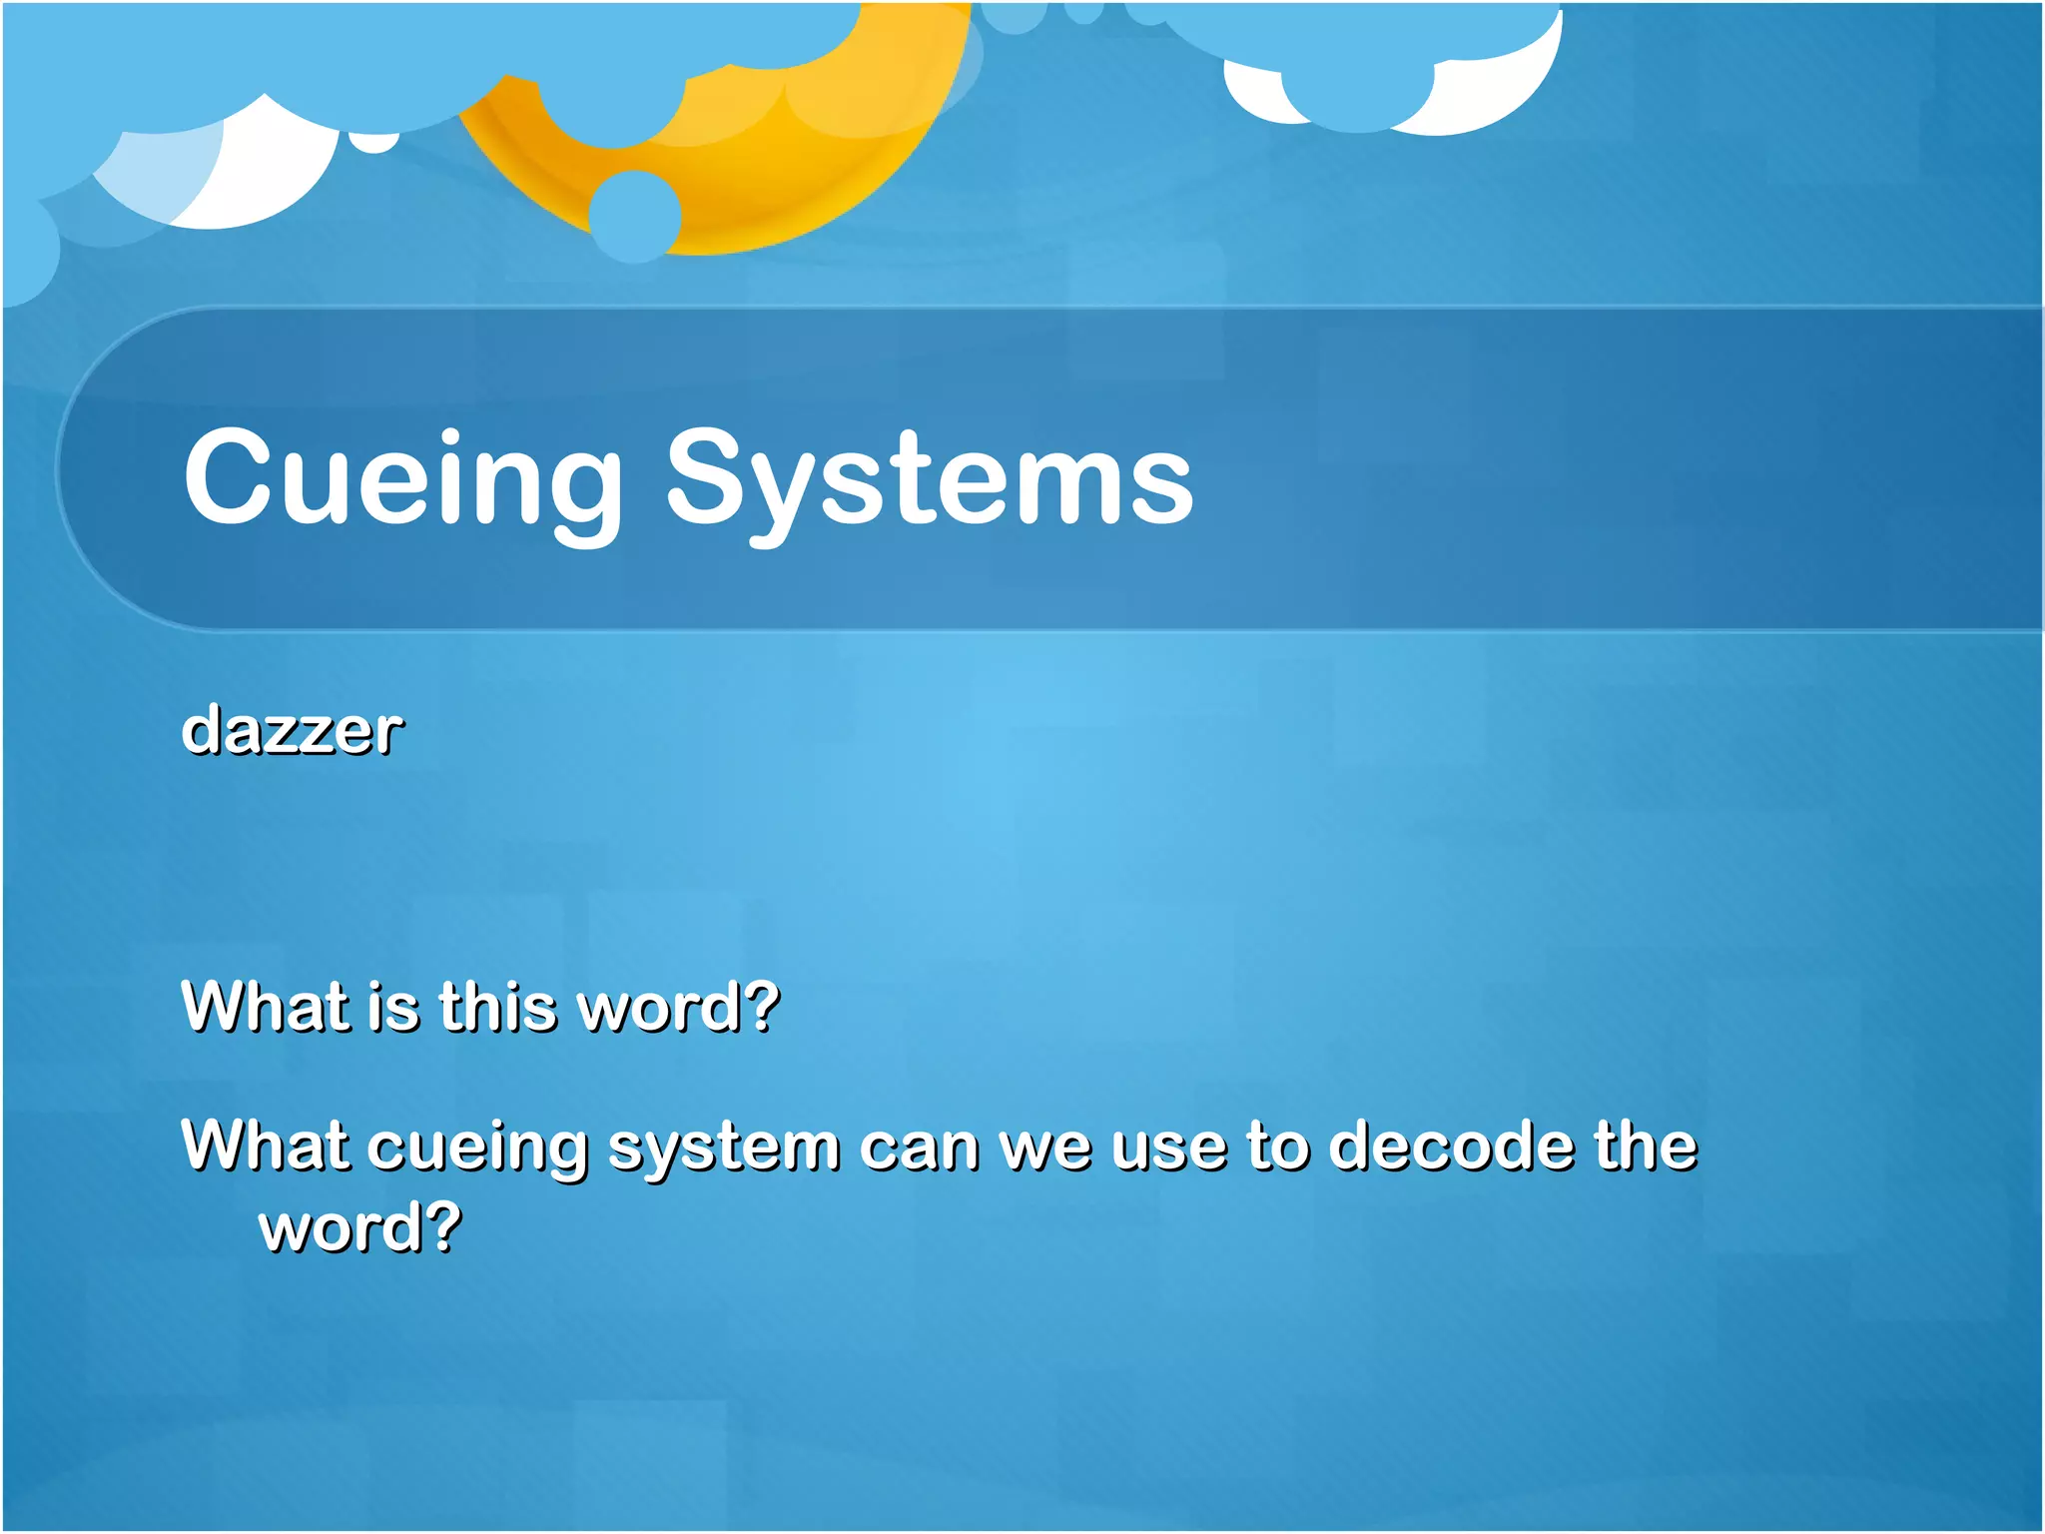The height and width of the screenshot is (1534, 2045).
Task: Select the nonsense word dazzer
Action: click(x=293, y=730)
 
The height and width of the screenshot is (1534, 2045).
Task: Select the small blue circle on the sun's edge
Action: click(x=634, y=216)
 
